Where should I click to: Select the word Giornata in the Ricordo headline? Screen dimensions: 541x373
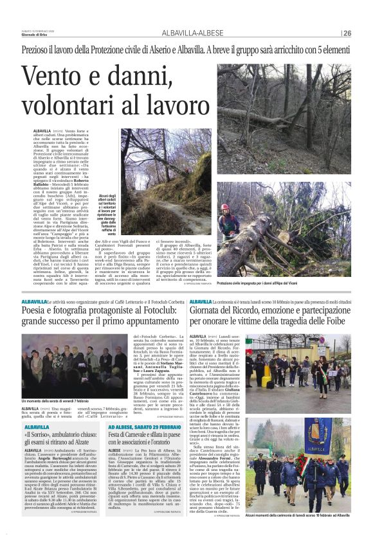coord(211,311)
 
